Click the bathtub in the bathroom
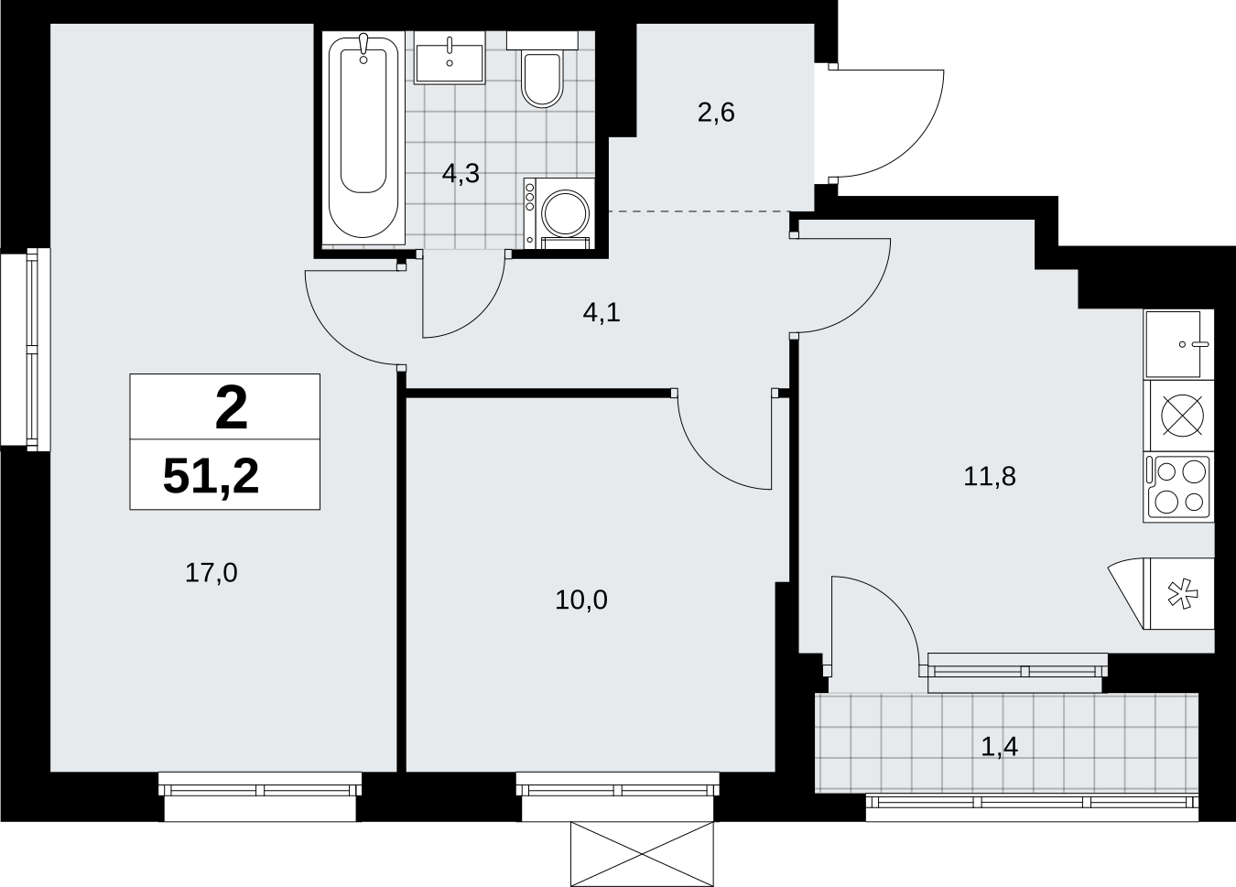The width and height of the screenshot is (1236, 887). pos(363,138)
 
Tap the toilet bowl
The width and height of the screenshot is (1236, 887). pos(542,79)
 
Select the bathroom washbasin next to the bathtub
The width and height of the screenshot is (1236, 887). pos(450,58)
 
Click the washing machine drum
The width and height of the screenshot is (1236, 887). pos(566,212)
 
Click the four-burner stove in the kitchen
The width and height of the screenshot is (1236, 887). pos(1178,487)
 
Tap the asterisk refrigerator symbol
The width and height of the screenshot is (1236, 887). pos(1183,593)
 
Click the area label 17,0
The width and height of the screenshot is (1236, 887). pos(211,573)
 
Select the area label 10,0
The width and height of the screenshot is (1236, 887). pos(581,600)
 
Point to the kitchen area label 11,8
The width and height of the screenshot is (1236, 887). pos(990,476)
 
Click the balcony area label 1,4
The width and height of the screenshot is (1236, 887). pos(999,747)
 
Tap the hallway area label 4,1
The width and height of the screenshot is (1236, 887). pos(602,313)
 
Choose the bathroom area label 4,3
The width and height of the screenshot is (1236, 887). pos(461,174)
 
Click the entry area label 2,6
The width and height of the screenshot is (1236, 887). pos(716,114)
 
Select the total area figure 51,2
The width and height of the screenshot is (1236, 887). pos(211,477)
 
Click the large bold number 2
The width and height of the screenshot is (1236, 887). pos(232,408)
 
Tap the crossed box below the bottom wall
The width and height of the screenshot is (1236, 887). pos(642,854)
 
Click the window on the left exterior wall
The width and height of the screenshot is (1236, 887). pos(26,349)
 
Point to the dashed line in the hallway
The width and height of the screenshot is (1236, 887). pos(699,211)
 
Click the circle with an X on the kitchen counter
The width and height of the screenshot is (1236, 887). pos(1183,416)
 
